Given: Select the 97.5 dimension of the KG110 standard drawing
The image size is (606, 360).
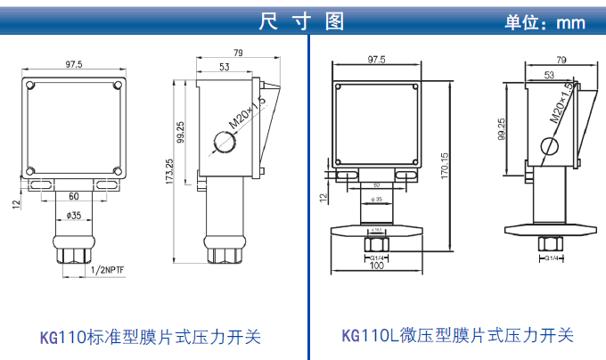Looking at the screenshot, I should coord(74,64).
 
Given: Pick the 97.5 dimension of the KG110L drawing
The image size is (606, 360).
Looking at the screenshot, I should coord(377,60).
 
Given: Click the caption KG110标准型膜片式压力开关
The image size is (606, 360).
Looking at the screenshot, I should coord(151,337).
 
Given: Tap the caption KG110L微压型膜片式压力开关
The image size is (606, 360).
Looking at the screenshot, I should coord(457,336).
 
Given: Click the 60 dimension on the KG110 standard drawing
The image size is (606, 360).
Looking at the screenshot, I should coord(74,195).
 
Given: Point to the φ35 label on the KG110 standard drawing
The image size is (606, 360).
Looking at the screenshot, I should coord(74,216).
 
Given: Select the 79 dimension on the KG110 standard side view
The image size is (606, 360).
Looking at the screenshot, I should coord(238,53).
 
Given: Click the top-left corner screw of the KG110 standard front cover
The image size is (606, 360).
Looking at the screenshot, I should coord(31,86).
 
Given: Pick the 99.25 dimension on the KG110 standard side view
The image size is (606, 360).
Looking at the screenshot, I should coord(181,131).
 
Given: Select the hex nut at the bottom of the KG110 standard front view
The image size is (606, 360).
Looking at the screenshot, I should coord(74,253).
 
